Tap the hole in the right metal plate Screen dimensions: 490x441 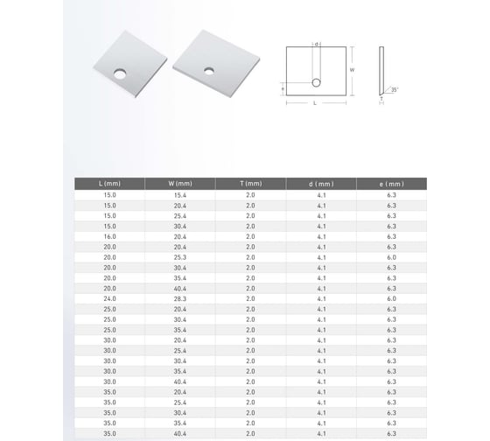210,69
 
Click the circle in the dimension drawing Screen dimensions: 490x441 316,83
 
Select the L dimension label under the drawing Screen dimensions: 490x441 315,103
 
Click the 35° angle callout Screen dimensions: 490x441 395,89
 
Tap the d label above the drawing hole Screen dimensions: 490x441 316,44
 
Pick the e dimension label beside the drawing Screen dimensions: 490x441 283,88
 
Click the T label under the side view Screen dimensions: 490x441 381,100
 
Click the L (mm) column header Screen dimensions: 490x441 109,184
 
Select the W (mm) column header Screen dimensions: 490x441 179,184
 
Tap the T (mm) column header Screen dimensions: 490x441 250,184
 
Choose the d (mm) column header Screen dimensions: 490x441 321,184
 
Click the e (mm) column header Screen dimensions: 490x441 392,184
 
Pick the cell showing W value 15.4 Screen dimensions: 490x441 179,194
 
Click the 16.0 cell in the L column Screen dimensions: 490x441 109,236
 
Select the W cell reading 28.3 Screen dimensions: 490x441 179,299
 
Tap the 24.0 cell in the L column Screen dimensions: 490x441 109,299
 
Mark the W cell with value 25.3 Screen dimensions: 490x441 179,257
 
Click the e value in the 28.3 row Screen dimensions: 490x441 392,299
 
